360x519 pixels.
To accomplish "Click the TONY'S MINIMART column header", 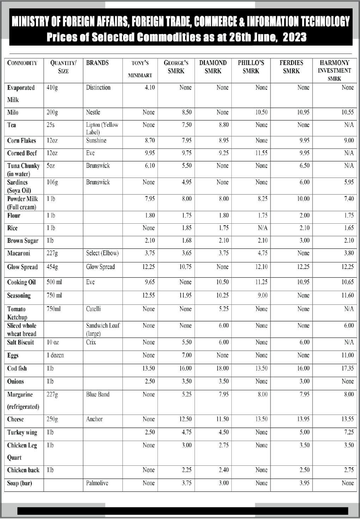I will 140,69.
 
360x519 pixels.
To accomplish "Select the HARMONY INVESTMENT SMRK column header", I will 334,70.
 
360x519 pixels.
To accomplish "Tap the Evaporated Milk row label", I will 21,93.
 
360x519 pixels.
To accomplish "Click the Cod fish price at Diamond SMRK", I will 222,368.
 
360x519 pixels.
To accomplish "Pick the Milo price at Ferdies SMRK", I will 303,112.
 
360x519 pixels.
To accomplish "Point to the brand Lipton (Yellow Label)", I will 102,128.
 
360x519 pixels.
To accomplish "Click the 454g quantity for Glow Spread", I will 52,267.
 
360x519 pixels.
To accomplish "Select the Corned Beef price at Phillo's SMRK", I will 261,153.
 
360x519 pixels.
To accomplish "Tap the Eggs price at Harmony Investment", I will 347,355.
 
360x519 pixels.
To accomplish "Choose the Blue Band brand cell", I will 98,394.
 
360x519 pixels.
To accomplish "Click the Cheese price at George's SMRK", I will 185,419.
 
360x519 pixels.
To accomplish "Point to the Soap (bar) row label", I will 19,483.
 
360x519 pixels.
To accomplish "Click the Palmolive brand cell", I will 97,483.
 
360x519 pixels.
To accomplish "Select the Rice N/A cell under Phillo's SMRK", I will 262,228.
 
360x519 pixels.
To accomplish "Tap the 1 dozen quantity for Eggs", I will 55,355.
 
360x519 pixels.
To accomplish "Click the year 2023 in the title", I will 294,37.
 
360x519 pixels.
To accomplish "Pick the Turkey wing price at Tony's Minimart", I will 150,432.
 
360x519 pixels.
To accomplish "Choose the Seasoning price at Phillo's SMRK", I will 262,295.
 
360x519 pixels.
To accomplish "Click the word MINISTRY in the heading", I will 31,22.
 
